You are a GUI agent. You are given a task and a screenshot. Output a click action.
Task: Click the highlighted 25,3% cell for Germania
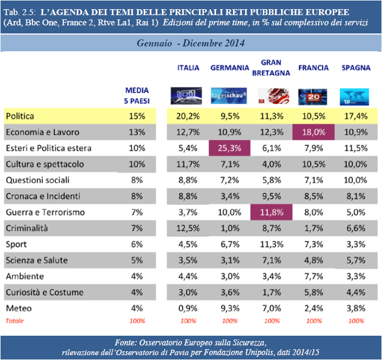(x=230, y=148)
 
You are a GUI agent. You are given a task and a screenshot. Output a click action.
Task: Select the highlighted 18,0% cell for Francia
(x=313, y=132)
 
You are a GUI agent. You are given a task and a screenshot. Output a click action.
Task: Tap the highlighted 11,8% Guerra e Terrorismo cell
(x=271, y=212)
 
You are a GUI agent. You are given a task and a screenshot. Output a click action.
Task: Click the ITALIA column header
(x=189, y=68)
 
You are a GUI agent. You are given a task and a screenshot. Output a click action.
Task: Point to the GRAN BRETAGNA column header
(x=271, y=68)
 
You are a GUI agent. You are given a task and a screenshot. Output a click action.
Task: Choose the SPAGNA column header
(x=356, y=68)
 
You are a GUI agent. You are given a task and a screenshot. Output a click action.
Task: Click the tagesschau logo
(x=229, y=96)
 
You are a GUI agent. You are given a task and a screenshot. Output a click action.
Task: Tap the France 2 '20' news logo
(x=313, y=96)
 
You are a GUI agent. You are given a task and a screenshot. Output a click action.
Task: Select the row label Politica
(x=20, y=116)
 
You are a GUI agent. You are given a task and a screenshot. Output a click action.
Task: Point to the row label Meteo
(x=18, y=309)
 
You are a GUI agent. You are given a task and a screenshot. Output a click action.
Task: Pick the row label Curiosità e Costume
(x=44, y=293)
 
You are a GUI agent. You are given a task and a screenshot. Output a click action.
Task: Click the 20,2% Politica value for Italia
(x=188, y=116)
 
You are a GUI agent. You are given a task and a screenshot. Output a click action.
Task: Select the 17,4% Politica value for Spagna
(x=356, y=116)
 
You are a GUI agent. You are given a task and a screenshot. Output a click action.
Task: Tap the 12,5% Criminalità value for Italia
(x=188, y=228)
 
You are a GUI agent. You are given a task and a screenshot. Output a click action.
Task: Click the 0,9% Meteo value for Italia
(x=188, y=309)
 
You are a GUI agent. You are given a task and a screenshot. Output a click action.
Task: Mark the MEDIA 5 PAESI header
(x=137, y=96)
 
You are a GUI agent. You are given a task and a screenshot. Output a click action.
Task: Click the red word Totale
(x=14, y=321)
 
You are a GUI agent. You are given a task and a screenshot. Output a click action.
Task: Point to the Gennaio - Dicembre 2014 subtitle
(x=191, y=43)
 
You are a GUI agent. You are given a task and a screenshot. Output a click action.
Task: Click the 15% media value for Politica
(x=137, y=116)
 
